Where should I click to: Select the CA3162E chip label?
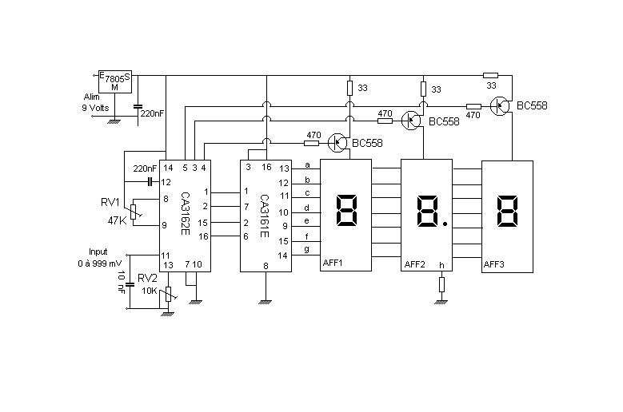pyautogui.click(x=185, y=211)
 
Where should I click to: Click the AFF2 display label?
pyautogui.click(x=415, y=264)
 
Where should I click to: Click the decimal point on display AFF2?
pyautogui.click(x=445, y=224)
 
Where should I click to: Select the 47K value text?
pyautogui.click(x=117, y=220)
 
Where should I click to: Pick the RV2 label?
pyautogui.click(x=147, y=278)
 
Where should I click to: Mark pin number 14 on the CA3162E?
pyautogui.click(x=168, y=168)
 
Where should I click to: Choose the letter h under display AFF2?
pyautogui.click(x=441, y=264)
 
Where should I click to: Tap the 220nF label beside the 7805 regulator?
pyautogui.click(x=151, y=113)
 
